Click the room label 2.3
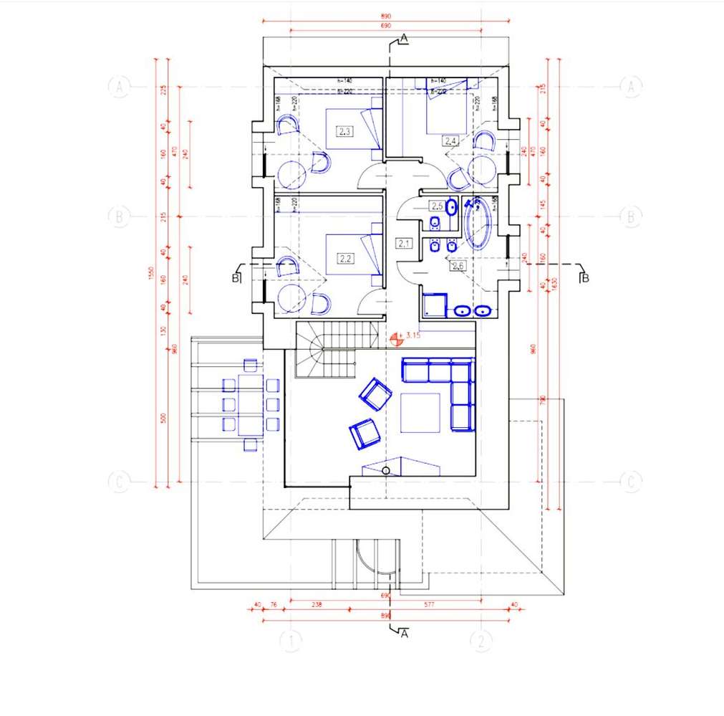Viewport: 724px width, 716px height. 344,132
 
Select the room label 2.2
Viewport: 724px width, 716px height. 344,258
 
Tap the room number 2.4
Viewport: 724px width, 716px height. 450,140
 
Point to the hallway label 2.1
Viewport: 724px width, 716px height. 404,244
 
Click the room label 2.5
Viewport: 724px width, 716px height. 436,206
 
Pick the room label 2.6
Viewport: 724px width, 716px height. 457,266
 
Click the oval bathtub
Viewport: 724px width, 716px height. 478,224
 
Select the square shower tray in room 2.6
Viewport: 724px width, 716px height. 435,305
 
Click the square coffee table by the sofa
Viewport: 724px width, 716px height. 420,413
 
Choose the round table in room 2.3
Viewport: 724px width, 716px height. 291,174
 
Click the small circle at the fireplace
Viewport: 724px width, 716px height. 386,470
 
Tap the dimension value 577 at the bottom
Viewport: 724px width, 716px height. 429,605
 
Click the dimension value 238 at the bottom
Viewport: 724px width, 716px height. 317,605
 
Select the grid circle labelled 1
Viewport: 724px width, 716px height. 290,641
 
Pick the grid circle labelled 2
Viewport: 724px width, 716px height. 481,641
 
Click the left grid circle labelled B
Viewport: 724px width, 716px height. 119,216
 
